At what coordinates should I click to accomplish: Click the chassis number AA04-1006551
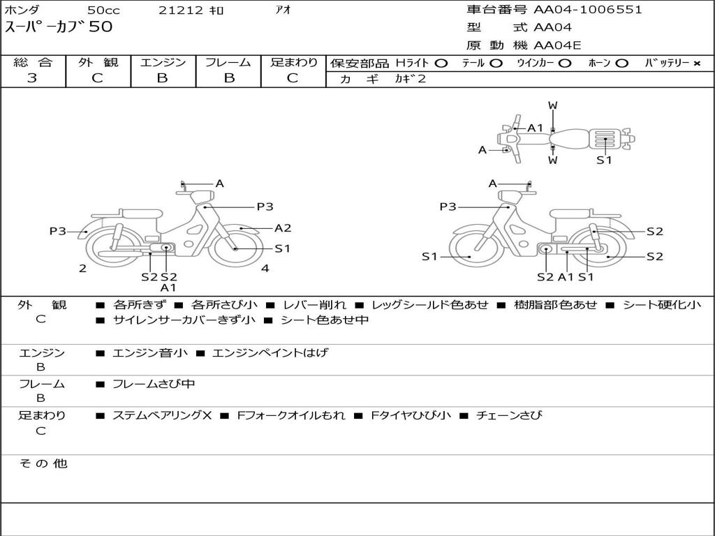[x=587, y=10]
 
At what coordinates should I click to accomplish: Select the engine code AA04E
[x=557, y=45]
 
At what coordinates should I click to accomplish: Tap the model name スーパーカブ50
[x=59, y=27]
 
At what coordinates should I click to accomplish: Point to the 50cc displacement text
[x=103, y=10]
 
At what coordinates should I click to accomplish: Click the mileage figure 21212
[x=181, y=10]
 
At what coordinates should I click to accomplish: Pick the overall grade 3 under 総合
[x=32, y=78]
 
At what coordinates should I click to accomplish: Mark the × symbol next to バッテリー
[x=697, y=64]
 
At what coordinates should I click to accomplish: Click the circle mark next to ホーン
[x=621, y=64]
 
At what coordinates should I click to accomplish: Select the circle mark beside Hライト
[x=441, y=64]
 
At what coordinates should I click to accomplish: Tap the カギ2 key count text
[x=410, y=79]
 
